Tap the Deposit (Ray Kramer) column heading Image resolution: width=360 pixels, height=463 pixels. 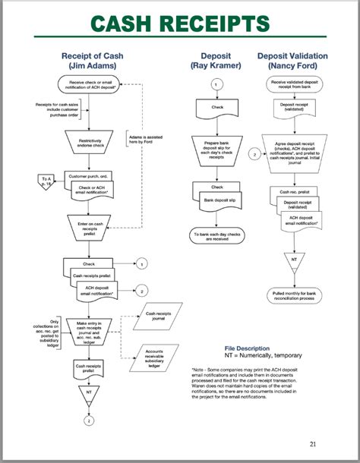tap(216, 61)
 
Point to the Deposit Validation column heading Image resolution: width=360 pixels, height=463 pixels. tap(292, 61)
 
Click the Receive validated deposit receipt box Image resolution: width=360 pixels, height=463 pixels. tap(292, 83)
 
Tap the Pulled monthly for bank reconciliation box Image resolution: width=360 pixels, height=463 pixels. tap(292, 295)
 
